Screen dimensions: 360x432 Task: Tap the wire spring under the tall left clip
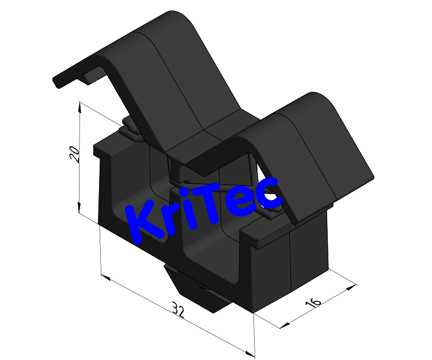(x=132, y=130)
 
